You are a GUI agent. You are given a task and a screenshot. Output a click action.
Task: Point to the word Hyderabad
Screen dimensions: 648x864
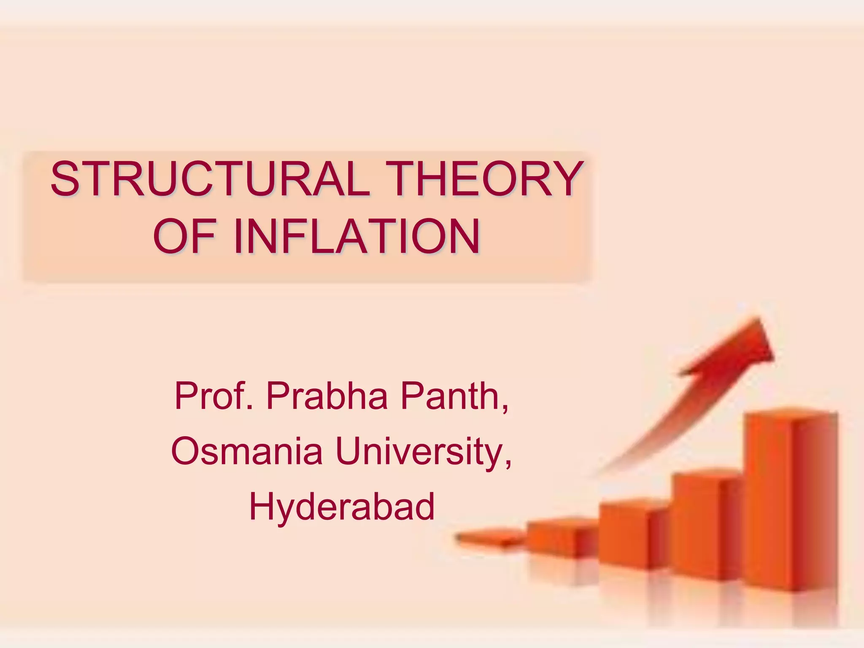click(342, 506)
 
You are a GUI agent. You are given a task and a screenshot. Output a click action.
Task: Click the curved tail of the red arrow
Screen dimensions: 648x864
click(658, 430)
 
